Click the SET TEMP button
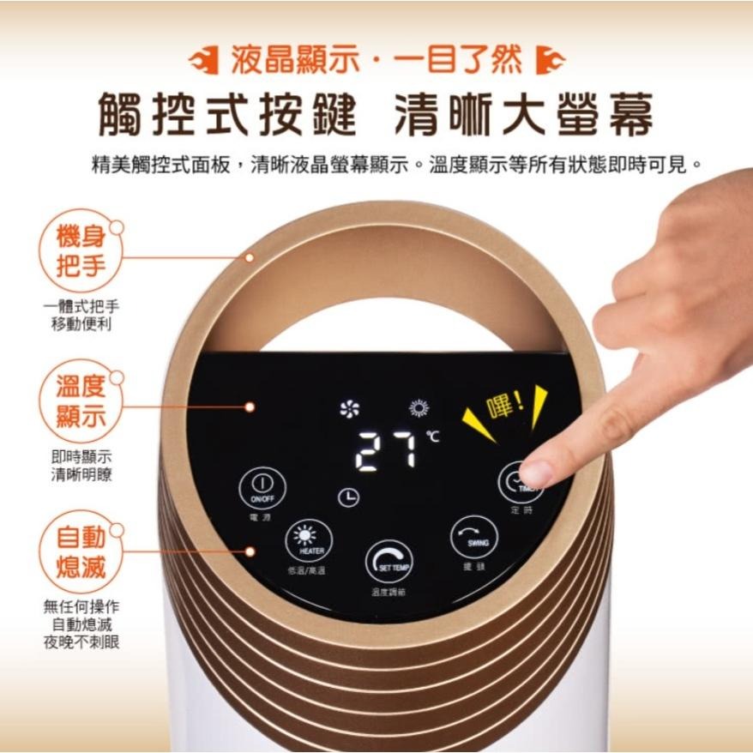(389, 562)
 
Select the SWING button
(474, 536)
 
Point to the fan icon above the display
(350, 409)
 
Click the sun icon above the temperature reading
(419, 408)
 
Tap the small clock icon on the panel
(348, 497)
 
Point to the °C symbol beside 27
(432, 438)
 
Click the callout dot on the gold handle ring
(250, 256)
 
